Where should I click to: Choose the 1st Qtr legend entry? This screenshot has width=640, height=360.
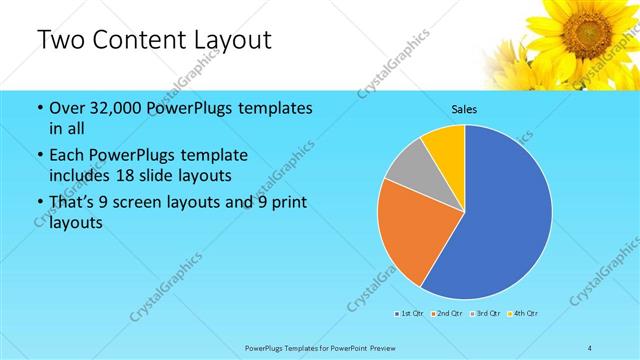pyautogui.click(x=408, y=313)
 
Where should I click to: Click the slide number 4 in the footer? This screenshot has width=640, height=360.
pyautogui.click(x=590, y=347)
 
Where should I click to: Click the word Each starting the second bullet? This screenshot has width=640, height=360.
pyautogui.click(x=67, y=156)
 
